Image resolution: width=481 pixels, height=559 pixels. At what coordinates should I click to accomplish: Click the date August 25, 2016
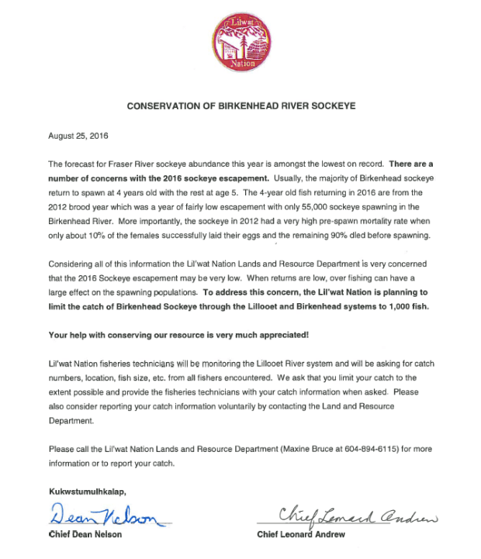tap(78, 135)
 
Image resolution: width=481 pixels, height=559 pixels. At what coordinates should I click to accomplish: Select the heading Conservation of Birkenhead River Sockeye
tap(240, 104)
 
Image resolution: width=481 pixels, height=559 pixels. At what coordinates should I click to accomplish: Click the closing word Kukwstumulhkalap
tap(85, 492)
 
